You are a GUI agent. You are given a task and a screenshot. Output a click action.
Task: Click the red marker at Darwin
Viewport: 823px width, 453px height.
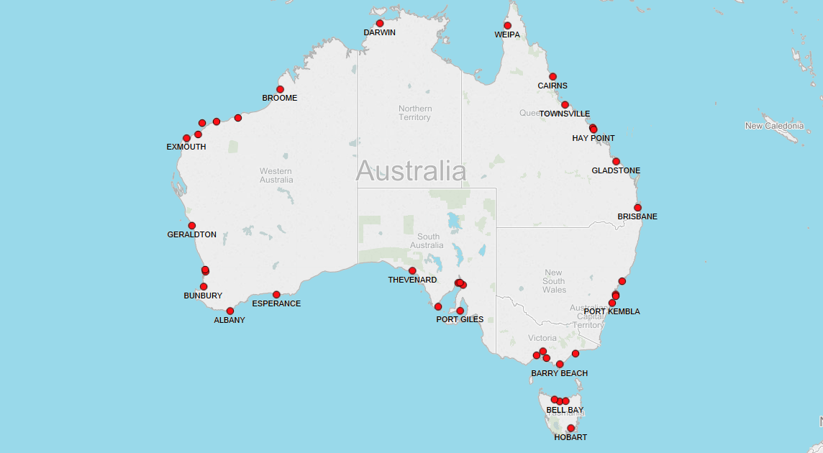(x=380, y=23)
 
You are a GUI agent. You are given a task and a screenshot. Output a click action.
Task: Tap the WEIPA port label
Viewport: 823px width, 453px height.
(x=507, y=35)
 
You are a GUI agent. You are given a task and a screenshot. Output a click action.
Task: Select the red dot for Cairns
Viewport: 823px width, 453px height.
(x=553, y=76)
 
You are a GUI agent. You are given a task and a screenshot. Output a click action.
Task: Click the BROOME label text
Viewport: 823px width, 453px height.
(x=280, y=98)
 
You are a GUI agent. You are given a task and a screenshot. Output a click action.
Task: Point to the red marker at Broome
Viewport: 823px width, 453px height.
(x=280, y=89)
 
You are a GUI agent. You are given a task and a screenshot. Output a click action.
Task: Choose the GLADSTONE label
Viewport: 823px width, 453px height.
(x=616, y=170)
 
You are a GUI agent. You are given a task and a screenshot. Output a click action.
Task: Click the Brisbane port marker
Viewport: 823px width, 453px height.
(x=637, y=208)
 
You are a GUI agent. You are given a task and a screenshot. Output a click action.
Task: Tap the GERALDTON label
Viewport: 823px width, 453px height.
(x=191, y=234)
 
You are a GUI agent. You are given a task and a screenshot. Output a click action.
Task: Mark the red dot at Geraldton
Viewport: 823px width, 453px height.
(x=192, y=226)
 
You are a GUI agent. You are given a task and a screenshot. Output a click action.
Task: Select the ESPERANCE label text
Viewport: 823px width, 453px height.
(x=276, y=303)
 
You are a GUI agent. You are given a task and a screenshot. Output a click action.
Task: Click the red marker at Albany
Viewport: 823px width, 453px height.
(x=230, y=311)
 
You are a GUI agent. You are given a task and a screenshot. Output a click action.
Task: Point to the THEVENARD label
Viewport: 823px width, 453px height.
(x=412, y=280)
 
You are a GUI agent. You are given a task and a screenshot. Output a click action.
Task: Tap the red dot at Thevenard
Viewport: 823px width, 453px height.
(x=412, y=270)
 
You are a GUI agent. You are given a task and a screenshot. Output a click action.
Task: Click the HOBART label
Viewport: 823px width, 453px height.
(x=570, y=437)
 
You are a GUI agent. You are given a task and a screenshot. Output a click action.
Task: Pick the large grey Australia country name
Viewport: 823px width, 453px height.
(x=411, y=171)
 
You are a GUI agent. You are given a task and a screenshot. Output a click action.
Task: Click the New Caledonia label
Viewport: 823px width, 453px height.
(x=774, y=126)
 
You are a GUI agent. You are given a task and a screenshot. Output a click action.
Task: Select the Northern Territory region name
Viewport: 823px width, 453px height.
(x=414, y=113)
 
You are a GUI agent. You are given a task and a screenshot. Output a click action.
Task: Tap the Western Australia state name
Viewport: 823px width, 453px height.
(x=276, y=175)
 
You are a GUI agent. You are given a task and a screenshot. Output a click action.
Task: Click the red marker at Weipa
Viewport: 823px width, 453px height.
(x=507, y=25)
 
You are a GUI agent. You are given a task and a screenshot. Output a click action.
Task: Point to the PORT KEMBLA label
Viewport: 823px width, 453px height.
(x=611, y=311)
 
